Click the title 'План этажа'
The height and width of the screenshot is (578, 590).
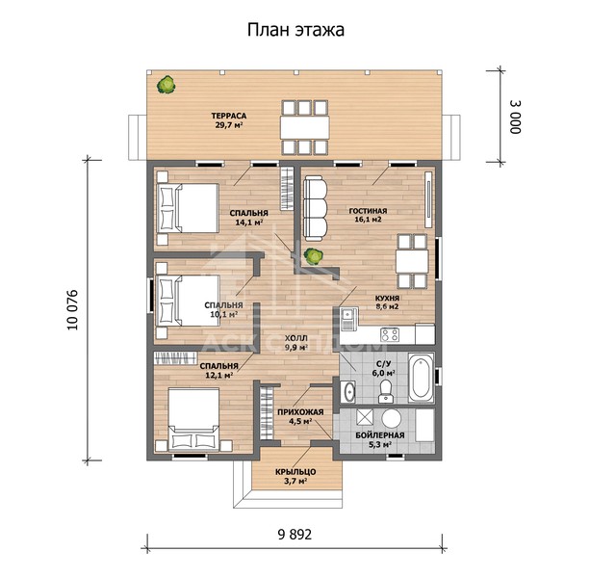(295, 30)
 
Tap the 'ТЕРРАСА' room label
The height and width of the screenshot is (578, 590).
(229, 116)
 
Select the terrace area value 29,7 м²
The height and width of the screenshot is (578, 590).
(229, 125)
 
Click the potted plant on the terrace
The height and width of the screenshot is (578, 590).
(166, 85)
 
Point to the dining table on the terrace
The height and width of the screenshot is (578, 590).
(304, 127)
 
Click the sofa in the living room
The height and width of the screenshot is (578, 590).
(315, 208)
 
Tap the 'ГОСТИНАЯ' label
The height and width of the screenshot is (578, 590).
(368, 211)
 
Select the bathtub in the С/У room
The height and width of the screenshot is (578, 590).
(421, 378)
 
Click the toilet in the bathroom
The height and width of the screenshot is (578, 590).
(386, 391)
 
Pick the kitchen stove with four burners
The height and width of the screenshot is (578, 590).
(390, 334)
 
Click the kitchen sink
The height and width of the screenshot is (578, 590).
(348, 319)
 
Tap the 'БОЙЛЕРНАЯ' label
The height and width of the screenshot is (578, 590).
(380, 435)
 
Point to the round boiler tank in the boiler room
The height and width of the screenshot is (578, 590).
(392, 419)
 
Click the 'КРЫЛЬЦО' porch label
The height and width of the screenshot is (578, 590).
(295, 472)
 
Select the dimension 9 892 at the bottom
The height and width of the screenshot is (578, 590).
(295, 535)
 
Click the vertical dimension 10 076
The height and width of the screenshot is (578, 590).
(72, 310)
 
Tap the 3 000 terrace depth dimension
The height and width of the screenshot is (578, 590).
(515, 117)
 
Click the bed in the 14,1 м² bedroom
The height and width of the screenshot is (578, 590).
(188, 208)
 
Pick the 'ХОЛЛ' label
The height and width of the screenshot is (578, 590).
(295, 338)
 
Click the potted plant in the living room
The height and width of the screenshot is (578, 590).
(314, 256)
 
